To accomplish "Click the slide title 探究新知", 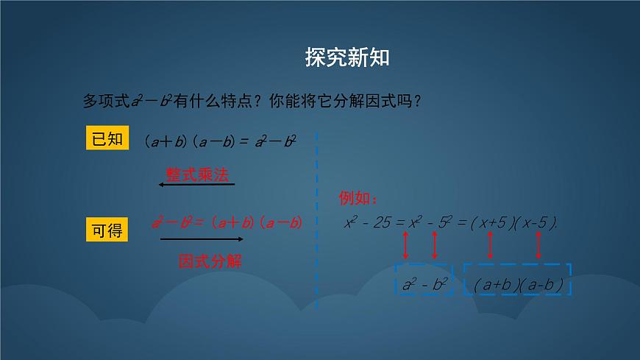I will (346, 57).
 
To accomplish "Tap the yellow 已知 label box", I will (107, 138).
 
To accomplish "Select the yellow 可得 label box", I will (107, 230).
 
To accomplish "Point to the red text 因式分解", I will (210, 261).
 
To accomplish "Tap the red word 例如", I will (358, 199).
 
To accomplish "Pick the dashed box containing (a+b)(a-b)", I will (517, 282).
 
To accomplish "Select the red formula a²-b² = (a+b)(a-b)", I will (227, 222).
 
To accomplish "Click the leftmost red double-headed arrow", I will (405, 244).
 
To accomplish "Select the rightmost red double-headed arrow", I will (539, 244).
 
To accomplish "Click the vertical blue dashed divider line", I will (317, 221).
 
